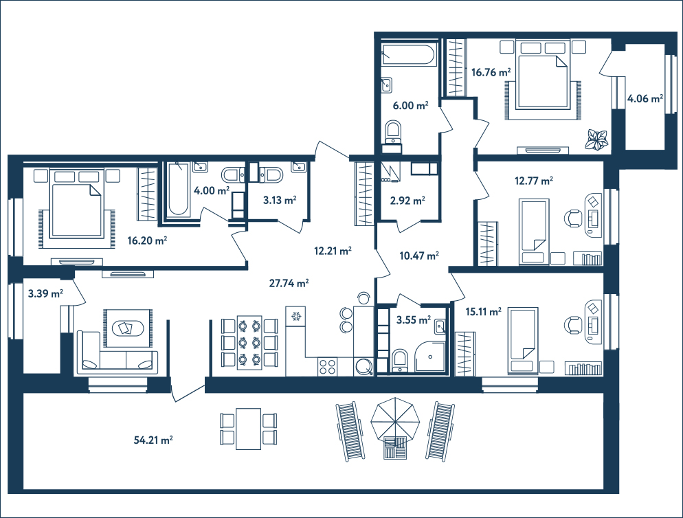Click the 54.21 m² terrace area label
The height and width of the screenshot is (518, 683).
(x=153, y=440)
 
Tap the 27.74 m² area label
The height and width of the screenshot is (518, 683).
(x=289, y=283)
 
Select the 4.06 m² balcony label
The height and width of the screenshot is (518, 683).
(x=645, y=99)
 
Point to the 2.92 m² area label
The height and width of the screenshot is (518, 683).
(x=407, y=201)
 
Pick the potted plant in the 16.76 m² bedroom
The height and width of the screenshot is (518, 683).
(x=596, y=140)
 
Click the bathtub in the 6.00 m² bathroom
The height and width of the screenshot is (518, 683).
(x=407, y=54)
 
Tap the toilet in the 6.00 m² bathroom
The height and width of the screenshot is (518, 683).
(x=394, y=132)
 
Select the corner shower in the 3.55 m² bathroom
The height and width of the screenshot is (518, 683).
(x=430, y=357)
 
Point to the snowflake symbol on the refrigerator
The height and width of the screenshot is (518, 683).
(x=296, y=316)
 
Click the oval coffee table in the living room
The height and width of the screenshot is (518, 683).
(x=127, y=328)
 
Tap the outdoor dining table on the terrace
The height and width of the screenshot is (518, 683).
(x=248, y=429)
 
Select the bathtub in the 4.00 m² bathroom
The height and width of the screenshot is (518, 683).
(x=179, y=190)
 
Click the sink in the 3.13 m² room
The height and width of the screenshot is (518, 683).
(x=299, y=167)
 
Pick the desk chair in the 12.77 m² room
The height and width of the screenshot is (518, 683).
(x=574, y=218)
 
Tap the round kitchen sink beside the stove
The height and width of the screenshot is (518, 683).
(x=363, y=366)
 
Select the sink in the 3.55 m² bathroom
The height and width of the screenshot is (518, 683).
(x=440, y=326)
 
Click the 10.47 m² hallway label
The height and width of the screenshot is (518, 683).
(x=419, y=256)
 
